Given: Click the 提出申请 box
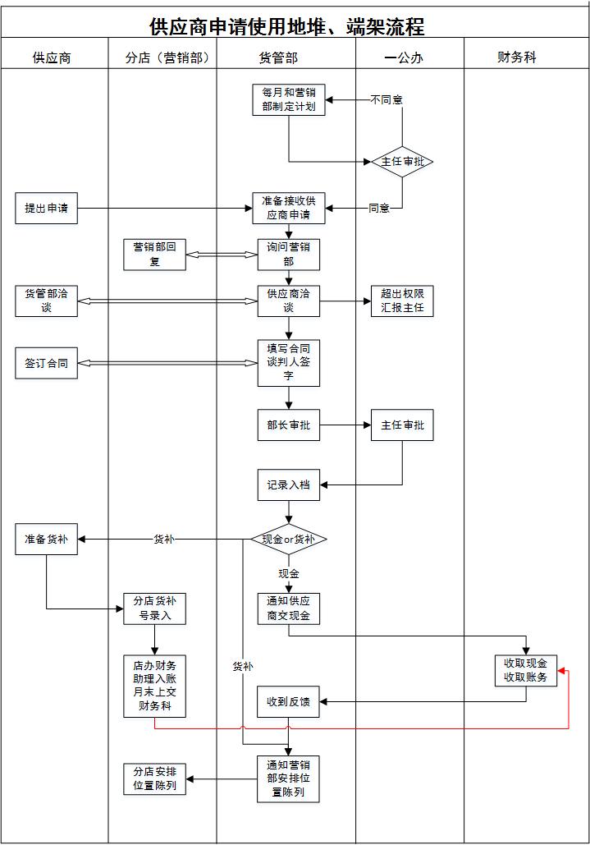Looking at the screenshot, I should pos(46,209).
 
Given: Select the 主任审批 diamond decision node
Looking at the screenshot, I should pos(402,162).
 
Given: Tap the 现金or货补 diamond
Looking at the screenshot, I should pos(288,540).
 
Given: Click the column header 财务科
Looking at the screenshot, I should pos(517,57).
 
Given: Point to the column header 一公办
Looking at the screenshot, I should pos(403,57).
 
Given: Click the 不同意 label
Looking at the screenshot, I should pos(386,100).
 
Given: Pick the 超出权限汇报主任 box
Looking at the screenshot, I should pos(402,301).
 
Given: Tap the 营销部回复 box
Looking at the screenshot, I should pos(155,255).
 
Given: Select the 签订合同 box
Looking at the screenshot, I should pos(46,363).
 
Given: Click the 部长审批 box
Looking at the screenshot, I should pos(288,425).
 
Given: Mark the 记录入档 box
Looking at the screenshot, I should pos(288,484).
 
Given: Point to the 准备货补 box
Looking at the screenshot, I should pos(46,540).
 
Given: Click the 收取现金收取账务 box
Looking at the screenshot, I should pos(526,670).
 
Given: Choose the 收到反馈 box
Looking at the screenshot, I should pos(288,702).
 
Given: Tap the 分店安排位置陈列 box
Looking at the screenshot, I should pos(155,778).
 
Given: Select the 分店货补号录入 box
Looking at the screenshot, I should pos(155,608).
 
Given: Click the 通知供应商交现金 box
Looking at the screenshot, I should pos(288,608).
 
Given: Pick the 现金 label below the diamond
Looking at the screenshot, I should pos(289,573).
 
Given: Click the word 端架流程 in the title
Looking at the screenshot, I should pos(386,27).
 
